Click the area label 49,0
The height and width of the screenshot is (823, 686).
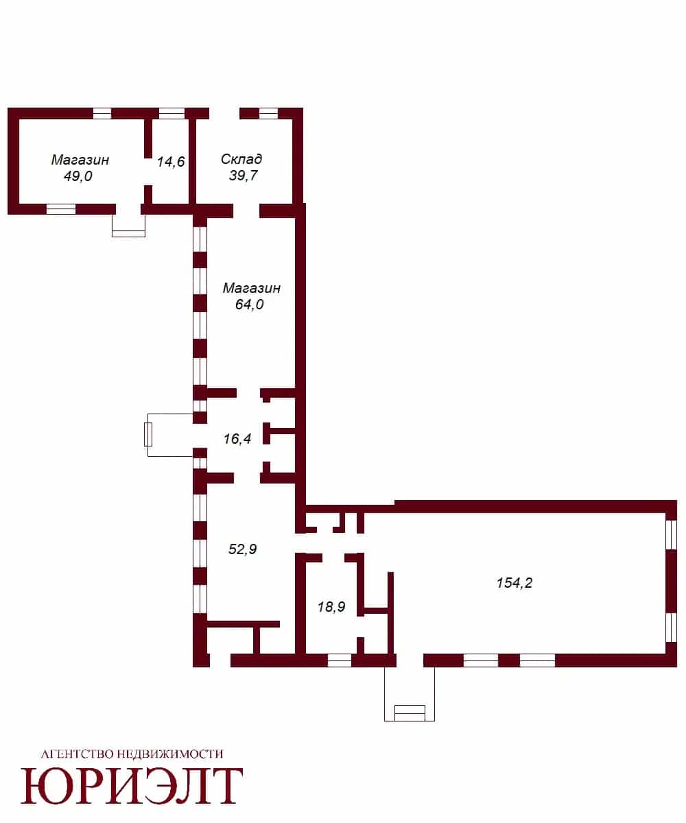coord(78,176)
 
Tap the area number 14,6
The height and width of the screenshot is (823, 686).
coord(171,162)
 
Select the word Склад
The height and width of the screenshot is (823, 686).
coord(241,159)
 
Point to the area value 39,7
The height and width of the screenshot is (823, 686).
coord(244,175)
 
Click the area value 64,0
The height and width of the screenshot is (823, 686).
coord(250,304)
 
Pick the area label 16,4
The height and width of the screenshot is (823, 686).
coord(237,438)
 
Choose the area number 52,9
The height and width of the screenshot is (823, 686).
coord(242,549)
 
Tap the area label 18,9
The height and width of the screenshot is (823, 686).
coord(331,606)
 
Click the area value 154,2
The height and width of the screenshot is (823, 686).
coord(514,582)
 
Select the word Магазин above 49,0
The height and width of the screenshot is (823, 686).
coord(80,160)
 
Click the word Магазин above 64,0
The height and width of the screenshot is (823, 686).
coord(252,288)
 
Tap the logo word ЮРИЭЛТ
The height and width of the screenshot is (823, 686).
coord(132,786)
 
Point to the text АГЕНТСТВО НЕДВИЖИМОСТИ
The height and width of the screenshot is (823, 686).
coord(132,754)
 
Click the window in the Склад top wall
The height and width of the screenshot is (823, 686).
coord(269,113)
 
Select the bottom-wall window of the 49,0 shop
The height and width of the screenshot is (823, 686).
coord(61,209)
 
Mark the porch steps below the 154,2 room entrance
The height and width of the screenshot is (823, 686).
coord(410,713)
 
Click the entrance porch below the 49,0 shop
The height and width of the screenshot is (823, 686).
coord(128,226)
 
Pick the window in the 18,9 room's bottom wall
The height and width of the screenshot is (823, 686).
coord(340,660)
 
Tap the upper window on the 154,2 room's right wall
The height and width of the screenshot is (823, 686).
coord(671,535)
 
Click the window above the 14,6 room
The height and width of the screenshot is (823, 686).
coord(172,113)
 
